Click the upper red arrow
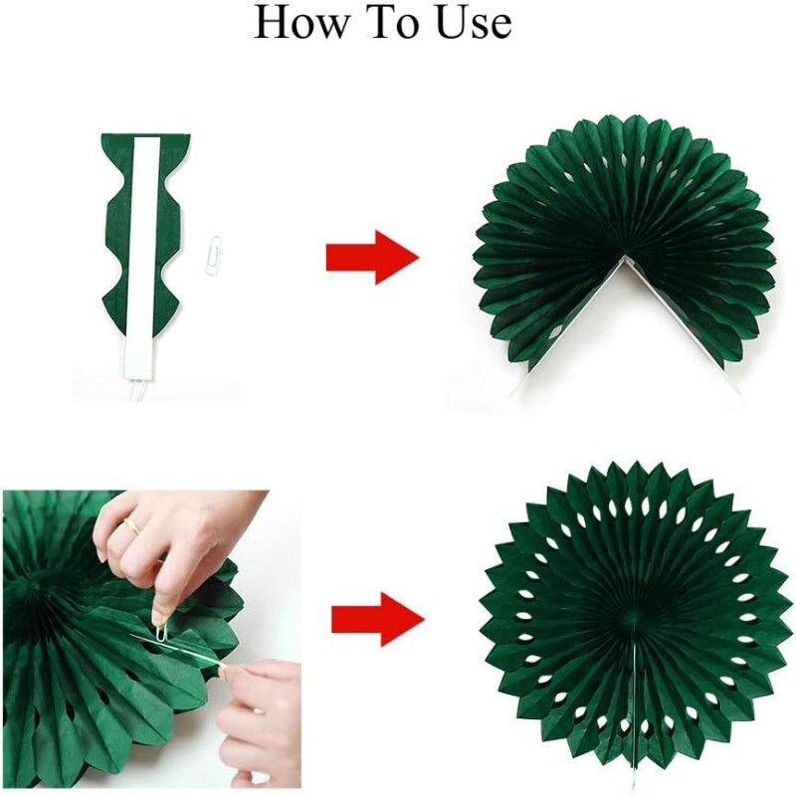372,258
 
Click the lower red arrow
378,619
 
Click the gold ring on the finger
132,526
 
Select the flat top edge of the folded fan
145,134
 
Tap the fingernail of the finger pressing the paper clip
158,615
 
